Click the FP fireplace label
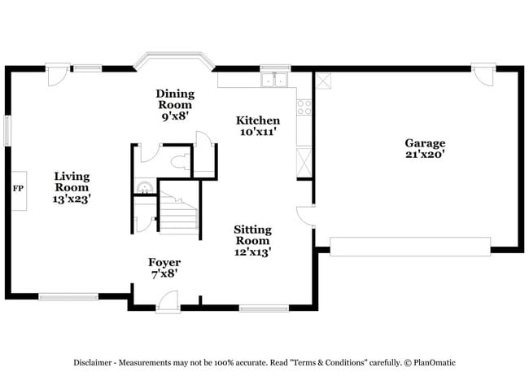pos(18,189)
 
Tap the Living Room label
pos(72,187)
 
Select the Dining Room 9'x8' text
pos(175,105)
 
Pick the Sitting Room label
pos(253,241)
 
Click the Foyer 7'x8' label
pos(164,268)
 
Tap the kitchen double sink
pos(275,81)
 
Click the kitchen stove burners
pos(304,105)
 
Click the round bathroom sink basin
pos(144,188)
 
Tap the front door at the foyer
pos(168,302)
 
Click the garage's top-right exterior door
pos(483,74)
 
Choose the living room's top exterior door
pos(56,75)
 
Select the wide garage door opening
pos(410,247)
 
